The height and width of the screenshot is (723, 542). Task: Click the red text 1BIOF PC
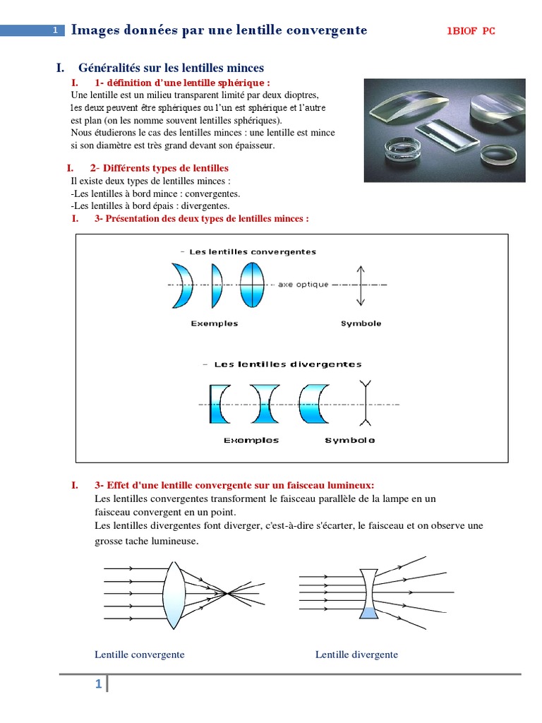(471, 31)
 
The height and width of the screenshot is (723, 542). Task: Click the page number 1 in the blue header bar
(55, 30)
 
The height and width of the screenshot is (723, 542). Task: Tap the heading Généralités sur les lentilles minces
(171, 68)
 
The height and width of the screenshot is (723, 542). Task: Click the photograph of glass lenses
(444, 131)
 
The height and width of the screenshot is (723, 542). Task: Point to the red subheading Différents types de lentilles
(159, 168)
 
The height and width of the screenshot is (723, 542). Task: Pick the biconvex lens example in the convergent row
(251, 285)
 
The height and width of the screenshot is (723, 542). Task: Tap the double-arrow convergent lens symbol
(361, 285)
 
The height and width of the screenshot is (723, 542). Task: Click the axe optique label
(303, 285)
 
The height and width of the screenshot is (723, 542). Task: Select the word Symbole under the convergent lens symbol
(361, 323)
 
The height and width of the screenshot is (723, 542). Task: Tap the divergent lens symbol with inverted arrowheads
(366, 404)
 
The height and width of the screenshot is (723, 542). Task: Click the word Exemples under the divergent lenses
(251, 440)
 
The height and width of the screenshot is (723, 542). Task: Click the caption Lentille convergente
(140, 655)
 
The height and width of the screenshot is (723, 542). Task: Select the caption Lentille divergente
(356, 655)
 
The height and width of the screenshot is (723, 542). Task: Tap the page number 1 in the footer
(99, 684)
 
